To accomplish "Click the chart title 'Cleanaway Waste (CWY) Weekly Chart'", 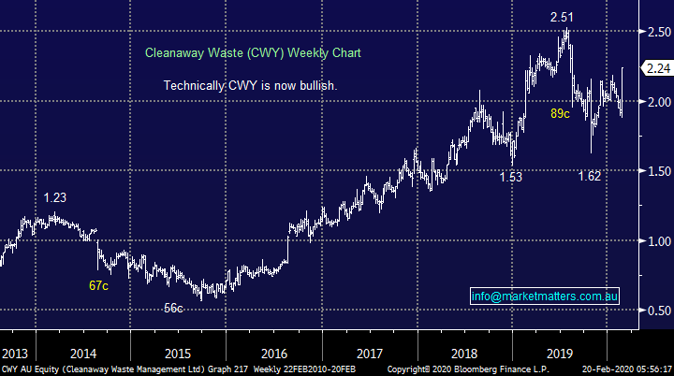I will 253,53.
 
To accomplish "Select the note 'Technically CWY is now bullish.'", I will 250,85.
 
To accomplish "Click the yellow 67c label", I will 99,285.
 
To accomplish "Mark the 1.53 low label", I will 512,177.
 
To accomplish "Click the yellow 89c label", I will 561,114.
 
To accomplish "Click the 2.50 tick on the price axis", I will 655,32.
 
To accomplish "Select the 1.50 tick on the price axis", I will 655,171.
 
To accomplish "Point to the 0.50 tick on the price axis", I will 655,311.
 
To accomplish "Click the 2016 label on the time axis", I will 273,354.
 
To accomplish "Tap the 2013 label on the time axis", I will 15,354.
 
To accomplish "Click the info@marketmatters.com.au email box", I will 545,296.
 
